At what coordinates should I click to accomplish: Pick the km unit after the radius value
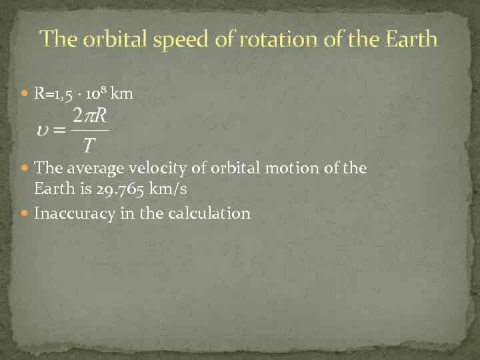coord(124,94)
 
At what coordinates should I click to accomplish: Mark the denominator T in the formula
coord(88,145)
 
